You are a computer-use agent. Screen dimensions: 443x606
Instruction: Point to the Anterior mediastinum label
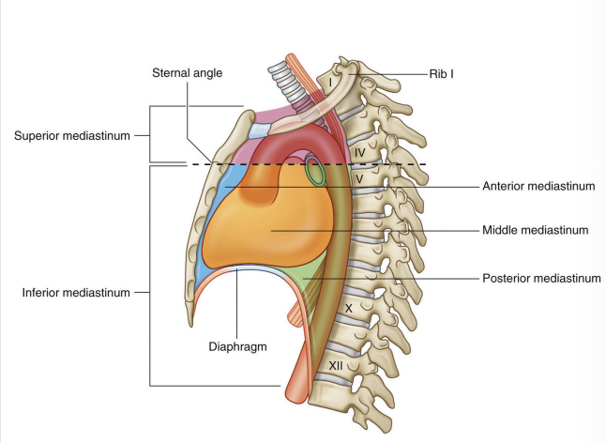point(538,186)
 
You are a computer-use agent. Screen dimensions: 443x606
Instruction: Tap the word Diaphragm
point(238,344)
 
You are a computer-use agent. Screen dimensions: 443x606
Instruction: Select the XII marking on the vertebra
point(335,364)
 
